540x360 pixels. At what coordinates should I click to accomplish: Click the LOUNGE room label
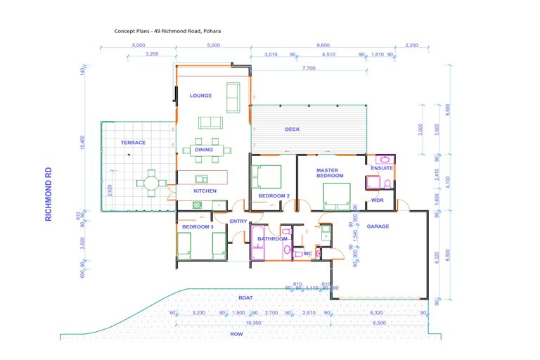[200, 96]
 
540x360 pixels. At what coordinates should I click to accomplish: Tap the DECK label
[292, 129]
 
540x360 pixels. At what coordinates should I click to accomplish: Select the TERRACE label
[133, 143]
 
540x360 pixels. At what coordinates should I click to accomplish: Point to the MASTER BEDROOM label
[328, 173]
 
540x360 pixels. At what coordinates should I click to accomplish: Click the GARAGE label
[378, 226]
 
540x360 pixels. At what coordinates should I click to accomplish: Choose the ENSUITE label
[382, 168]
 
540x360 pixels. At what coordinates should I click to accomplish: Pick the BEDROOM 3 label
[198, 227]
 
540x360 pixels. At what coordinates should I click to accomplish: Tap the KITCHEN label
[205, 191]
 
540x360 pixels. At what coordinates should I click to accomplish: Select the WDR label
[378, 200]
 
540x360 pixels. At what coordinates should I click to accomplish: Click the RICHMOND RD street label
[49, 194]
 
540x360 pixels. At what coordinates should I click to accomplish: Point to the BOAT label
[245, 297]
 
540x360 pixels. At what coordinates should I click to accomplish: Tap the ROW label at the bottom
[236, 334]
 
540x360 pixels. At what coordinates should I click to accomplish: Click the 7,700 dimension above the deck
[308, 69]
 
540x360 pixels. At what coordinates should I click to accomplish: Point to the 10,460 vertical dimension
[83, 142]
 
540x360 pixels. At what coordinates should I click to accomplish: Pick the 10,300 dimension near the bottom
[252, 323]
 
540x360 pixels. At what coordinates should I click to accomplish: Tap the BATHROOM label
[272, 239]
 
